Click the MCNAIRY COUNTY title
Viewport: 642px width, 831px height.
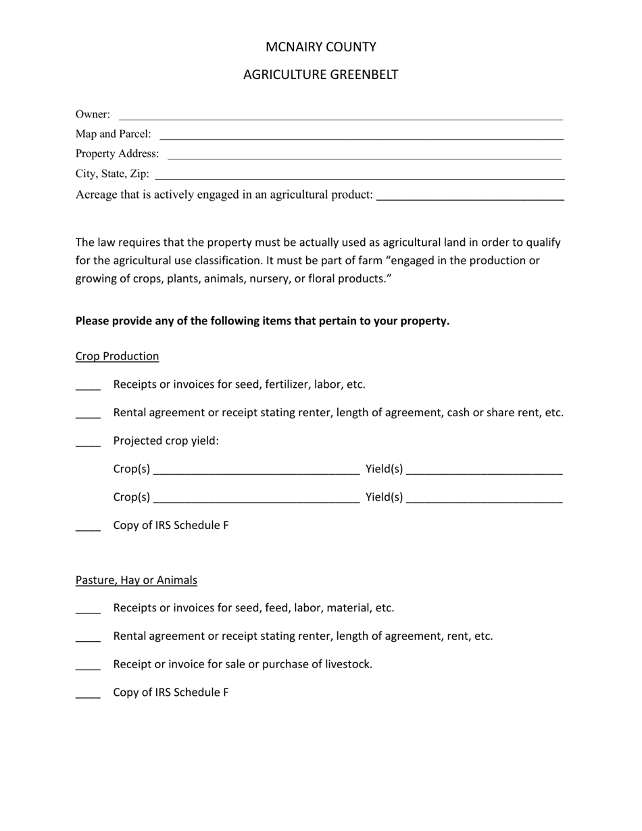coord(320,47)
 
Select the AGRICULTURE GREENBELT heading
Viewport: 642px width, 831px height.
coord(320,74)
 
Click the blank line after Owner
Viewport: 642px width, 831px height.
coord(341,118)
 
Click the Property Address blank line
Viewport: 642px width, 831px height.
coord(364,157)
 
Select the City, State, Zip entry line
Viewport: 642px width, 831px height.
coord(360,177)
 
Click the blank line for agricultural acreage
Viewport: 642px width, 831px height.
coord(470,198)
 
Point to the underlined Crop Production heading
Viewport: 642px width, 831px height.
coord(117,356)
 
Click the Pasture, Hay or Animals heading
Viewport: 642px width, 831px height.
coord(136,580)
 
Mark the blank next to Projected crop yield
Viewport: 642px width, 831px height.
coord(88,444)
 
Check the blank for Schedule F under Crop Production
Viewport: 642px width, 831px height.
coord(88,528)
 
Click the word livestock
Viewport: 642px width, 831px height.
coord(346,664)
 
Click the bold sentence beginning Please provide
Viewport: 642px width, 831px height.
coord(262,321)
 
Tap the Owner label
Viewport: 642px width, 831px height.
coord(93,114)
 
